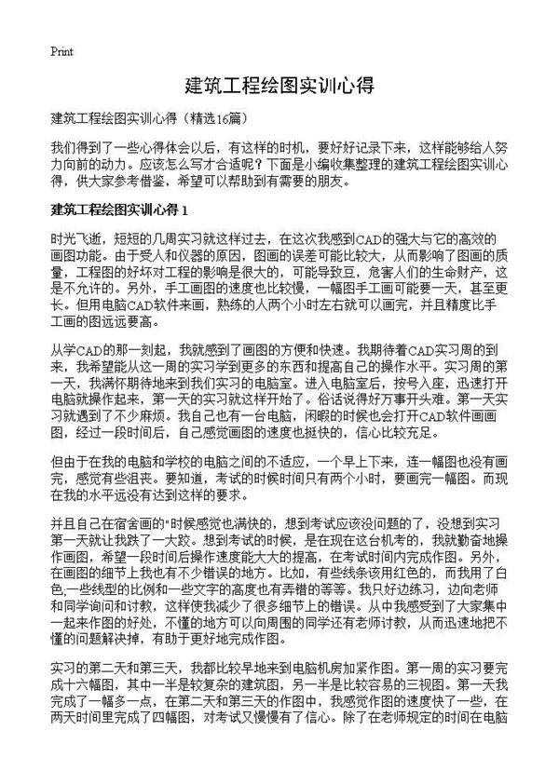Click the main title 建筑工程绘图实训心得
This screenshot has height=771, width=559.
tap(279, 87)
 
